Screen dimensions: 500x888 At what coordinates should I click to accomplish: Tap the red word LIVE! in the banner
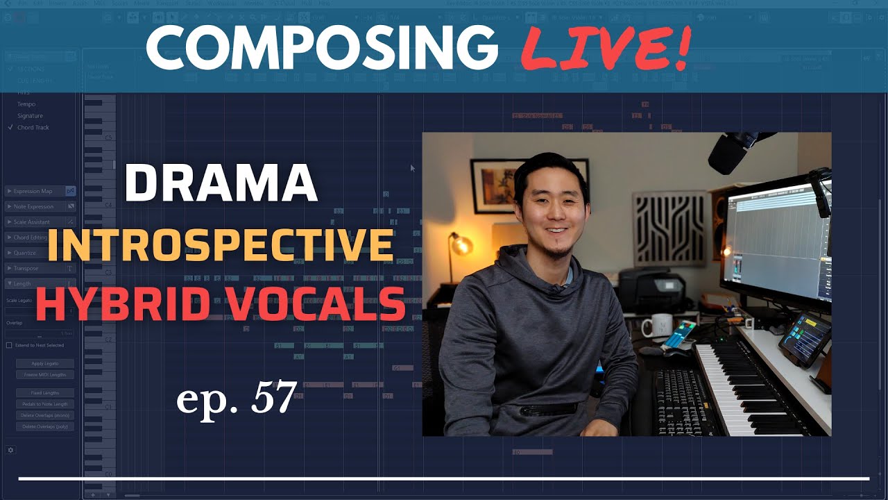[605, 48]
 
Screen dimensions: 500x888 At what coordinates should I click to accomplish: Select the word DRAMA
[221, 184]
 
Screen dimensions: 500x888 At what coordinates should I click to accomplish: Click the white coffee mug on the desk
[655, 325]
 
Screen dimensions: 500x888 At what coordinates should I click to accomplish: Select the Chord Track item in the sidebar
[33, 128]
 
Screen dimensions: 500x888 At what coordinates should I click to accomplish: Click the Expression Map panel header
[33, 191]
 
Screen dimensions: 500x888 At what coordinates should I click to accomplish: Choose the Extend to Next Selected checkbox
[9, 345]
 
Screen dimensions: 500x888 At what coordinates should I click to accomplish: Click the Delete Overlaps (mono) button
[45, 415]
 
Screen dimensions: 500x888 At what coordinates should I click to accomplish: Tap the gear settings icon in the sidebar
[10, 450]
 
